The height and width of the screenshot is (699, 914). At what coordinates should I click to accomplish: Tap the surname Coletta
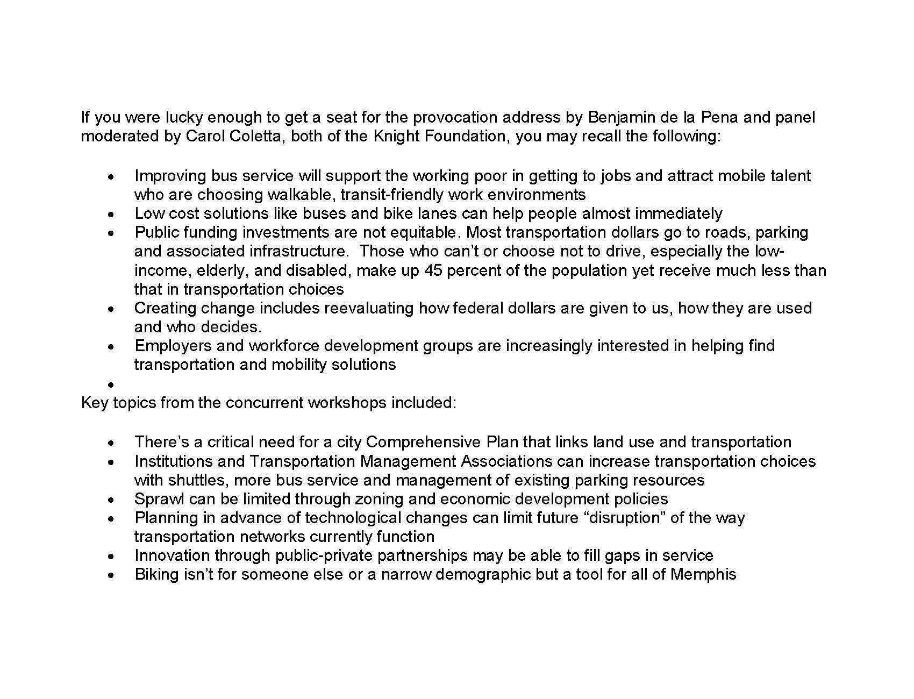point(260,136)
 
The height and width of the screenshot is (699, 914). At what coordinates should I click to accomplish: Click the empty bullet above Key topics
point(110,384)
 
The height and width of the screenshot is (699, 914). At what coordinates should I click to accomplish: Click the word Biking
point(156,574)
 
